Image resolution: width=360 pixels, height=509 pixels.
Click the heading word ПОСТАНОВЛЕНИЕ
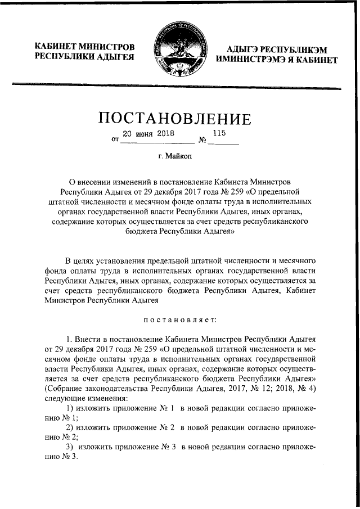click(x=174, y=119)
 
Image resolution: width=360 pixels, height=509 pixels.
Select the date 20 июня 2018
click(x=149, y=134)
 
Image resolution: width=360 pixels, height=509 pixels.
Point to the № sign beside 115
click(x=202, y=140)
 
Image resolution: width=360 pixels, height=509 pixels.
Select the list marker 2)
click(x=71, y=427)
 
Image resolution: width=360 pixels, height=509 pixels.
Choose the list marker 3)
click(x=71, y=447)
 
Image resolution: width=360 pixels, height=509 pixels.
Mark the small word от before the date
click(x=115, y=141)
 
